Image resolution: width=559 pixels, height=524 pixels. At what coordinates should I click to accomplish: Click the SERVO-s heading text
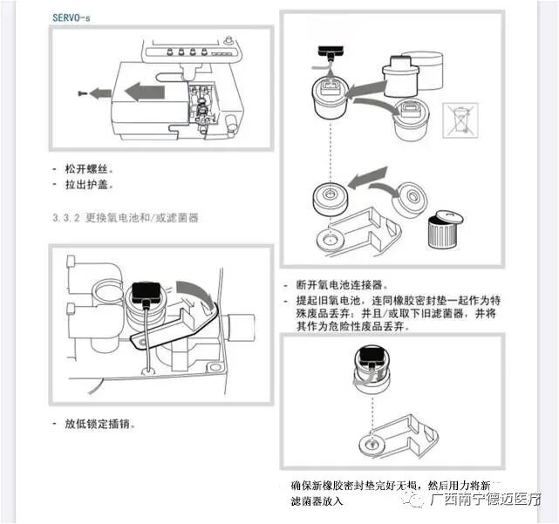coord(71,17)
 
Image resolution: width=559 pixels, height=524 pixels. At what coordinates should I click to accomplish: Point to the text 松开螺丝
coord(89,168)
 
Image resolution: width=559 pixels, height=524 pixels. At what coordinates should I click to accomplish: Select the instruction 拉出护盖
coord(89,185)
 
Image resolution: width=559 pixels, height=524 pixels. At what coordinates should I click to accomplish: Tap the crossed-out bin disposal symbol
coord(459,119)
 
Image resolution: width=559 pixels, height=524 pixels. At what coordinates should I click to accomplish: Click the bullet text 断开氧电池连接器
coord(340,285)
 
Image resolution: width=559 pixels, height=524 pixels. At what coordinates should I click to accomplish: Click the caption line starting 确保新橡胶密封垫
coord(387,485)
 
